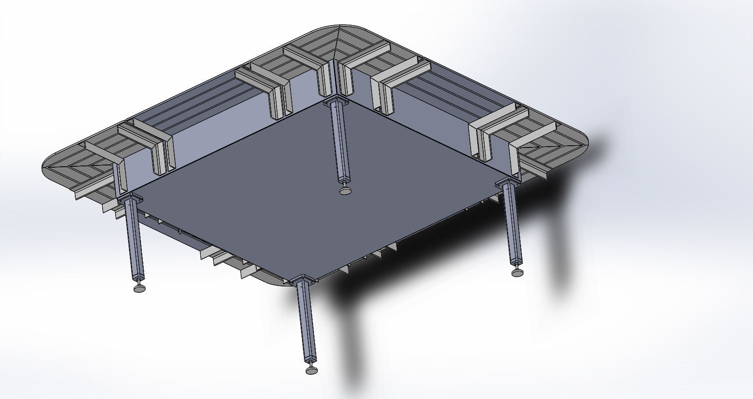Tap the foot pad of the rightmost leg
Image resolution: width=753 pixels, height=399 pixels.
pyautogui.click(x=518, y=272)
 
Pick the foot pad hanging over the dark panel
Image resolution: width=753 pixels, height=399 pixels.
pyautogui.click(x=346, y=191)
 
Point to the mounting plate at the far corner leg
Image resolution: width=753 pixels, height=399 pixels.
pyautogui.click(x=334, y=101)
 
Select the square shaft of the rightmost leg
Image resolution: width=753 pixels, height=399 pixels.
pyautogui.click(x=513, y=224)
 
